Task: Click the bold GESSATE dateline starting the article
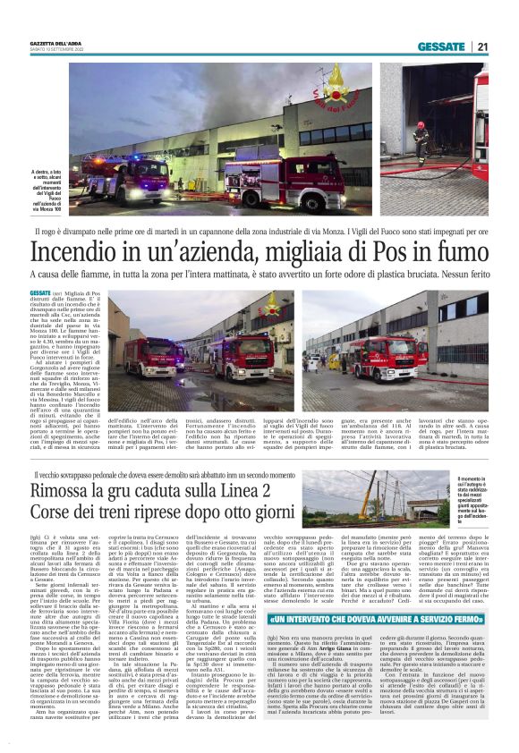pos(40,293)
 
